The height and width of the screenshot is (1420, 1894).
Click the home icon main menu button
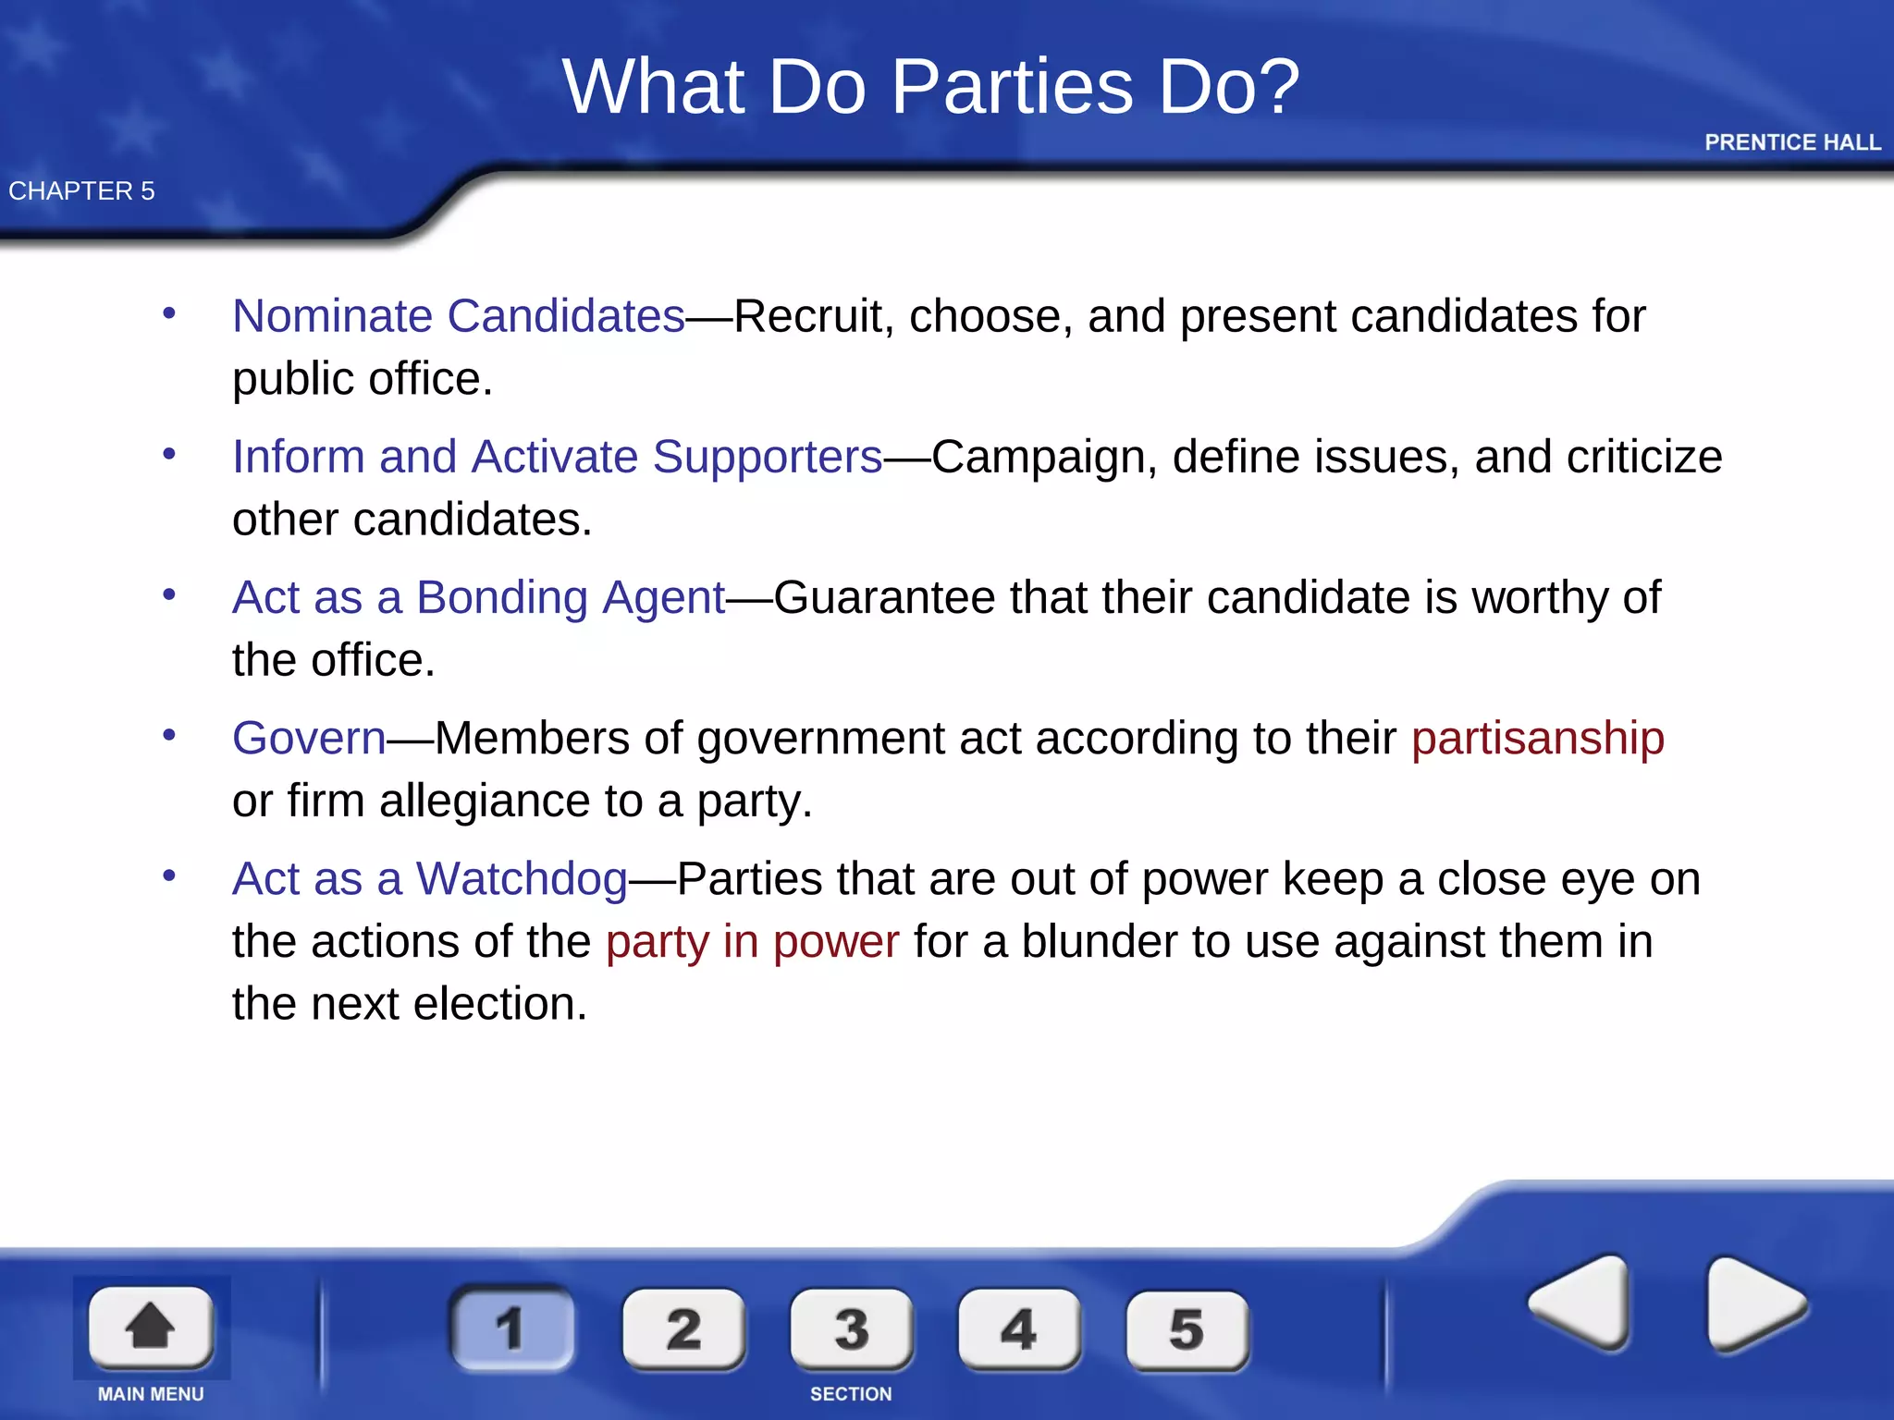(151, 1327)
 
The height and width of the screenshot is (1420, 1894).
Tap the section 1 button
(511, 1328)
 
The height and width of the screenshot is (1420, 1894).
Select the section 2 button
(683, 1329)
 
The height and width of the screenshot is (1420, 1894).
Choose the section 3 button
(851, 1329)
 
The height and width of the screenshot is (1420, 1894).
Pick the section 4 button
(1019, 1329)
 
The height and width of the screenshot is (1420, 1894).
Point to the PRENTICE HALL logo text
(1792, 142)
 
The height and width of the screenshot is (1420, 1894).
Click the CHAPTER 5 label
(81, 190)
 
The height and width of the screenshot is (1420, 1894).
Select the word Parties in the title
(1012, 87)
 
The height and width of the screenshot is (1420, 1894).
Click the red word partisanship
(1537, 738)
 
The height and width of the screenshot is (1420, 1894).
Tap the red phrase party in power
(752, 941)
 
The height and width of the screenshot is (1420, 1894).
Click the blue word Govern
(309, 738)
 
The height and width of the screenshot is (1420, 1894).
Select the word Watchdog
(522, 878)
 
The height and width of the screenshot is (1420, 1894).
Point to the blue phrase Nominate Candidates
(459, 316)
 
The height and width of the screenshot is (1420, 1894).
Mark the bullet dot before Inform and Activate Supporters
(169, 454)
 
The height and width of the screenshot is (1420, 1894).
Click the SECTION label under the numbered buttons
(851, 1394)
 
